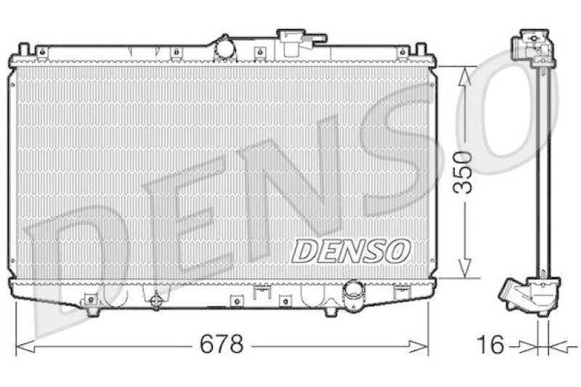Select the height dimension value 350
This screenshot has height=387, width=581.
tap(464, 172)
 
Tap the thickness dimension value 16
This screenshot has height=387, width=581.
tap(492, 344)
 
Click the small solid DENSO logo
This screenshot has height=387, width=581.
tap(351, 251)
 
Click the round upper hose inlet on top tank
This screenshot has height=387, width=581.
tap(225, 48)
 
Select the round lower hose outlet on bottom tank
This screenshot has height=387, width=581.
tap(354, 296)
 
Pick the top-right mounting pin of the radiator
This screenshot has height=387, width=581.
tap(420, 50)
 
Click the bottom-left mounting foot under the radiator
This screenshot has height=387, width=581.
tap(92, 311)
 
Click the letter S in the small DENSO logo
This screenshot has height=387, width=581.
tap(376, 251)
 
